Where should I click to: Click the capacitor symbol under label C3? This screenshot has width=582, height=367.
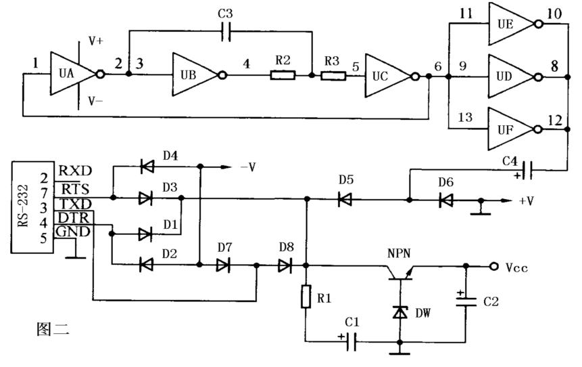[x=226, y=31]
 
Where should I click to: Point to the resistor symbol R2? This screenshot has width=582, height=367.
[x=283, y=75]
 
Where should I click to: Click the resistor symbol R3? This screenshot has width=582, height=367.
[x=333, y=77]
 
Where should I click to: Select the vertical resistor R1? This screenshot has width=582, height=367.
[x=306, y=297]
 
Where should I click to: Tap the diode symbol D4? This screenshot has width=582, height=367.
[x=147, y=166]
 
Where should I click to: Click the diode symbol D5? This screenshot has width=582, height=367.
[x=345, y=200]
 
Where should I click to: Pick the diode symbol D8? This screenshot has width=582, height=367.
[x=285, y=265]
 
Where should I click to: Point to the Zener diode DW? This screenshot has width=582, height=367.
[x=400, y=312]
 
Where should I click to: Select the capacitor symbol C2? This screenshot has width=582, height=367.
[x=466, y=301]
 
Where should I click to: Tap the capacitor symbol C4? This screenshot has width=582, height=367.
[x=527, y=171]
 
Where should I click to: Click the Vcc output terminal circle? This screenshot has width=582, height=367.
[x=493, y=266]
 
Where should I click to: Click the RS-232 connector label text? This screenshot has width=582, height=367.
[x=24, y=206]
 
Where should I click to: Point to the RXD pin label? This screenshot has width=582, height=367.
[x=75, y=171]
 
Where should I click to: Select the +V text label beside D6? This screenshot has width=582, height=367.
[x=526, y=201]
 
